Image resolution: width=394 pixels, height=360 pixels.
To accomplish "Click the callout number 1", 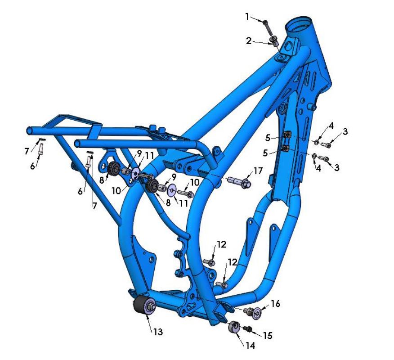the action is click(x=247, y=17).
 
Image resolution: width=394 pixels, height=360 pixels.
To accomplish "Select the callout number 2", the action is click(x=249, y=40).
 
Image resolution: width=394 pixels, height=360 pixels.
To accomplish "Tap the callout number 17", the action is click(x=258, y=171).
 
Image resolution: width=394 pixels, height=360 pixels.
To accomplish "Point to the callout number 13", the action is click(x=158, y=332).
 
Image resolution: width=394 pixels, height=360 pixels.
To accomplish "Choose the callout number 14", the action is click(x=250, y=346).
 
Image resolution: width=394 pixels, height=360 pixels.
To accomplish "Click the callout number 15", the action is click(x=267, y=335).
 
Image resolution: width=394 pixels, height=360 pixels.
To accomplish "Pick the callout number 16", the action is click(x=275, y=304).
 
